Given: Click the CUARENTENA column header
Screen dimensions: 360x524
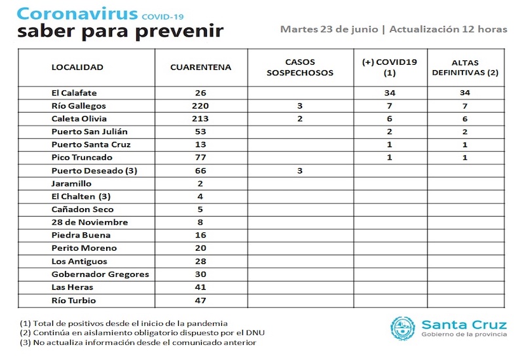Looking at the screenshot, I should pos(200,67).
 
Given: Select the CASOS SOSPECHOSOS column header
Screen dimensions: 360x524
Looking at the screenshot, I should pos(300,67).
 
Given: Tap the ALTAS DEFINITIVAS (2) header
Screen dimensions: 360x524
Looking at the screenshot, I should pos(465,67).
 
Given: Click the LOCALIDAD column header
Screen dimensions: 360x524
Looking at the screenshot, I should pos(77,67).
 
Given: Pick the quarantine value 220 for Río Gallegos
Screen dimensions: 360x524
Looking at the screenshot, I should pos(200,106).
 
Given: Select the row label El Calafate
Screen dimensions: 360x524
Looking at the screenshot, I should pos(74,93).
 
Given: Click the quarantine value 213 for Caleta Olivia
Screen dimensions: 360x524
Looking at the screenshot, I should pos(200,119).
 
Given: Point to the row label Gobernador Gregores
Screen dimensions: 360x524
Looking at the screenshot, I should pos(100,274).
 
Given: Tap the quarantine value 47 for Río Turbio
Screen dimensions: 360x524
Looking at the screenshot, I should pos(200,300).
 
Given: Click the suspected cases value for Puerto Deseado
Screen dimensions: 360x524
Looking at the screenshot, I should pos(300,171).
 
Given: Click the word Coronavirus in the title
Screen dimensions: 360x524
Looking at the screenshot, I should pos(77,14).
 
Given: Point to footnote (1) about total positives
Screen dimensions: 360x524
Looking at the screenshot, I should pos(123,323).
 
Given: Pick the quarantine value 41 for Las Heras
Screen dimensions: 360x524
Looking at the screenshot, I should pos(200,287).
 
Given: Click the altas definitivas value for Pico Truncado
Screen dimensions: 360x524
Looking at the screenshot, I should pos(465,158).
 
